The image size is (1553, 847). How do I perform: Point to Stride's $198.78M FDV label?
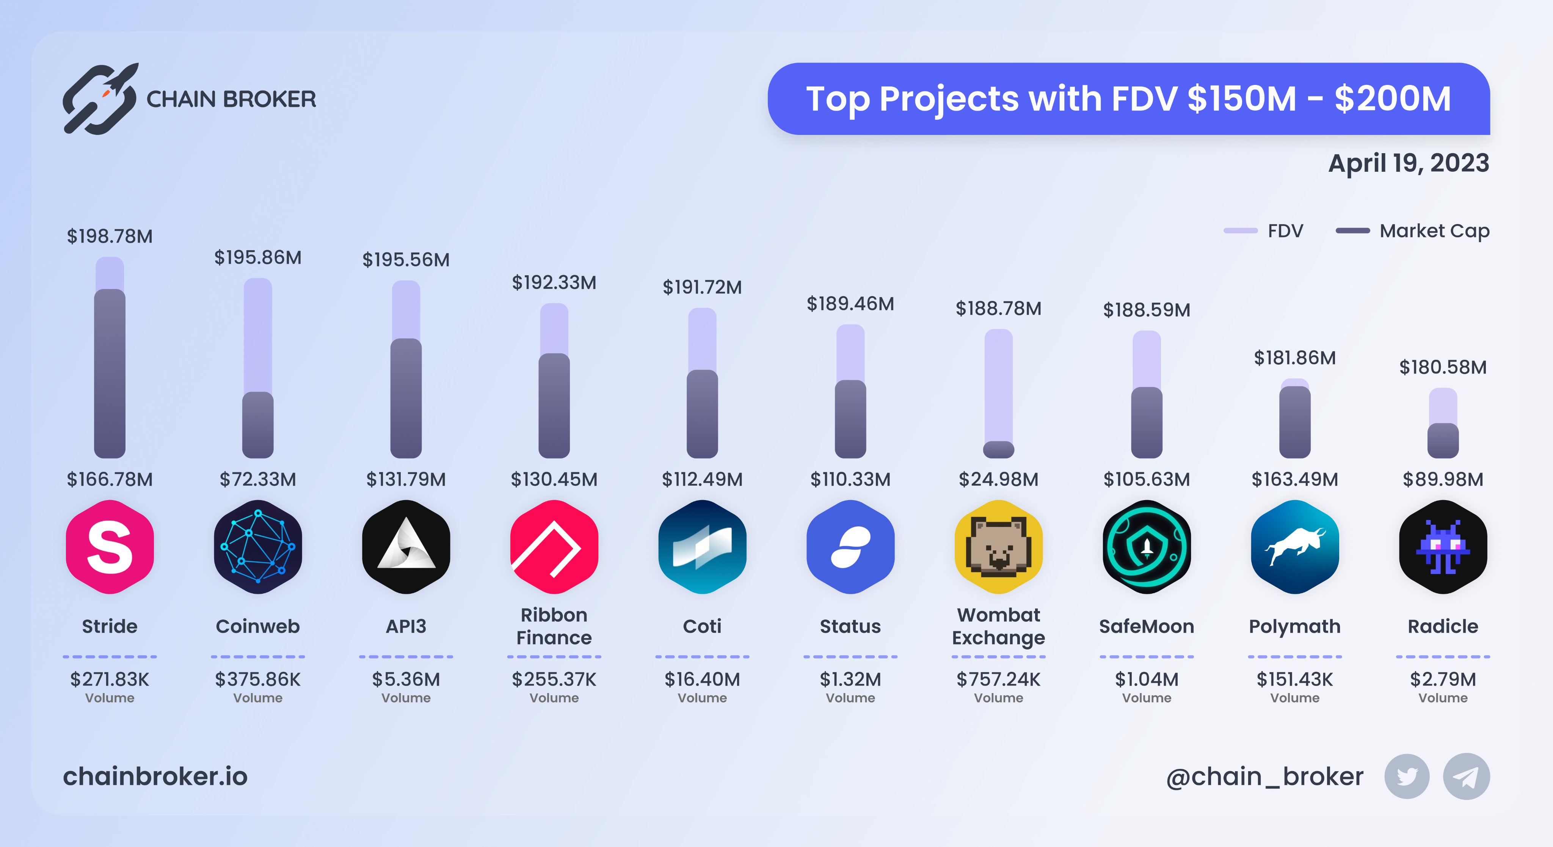[x=110, y=236]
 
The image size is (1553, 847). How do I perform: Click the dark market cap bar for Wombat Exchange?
[x=998, y=450]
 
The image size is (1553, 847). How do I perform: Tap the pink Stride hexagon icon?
[x=110, y=547]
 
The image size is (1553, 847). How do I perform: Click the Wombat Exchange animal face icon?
[x=998, y=547]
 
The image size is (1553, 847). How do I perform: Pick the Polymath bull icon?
[x=1294, y=547]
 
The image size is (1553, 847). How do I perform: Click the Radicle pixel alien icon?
[x=1443, y=547]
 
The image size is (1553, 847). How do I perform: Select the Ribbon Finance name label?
[x=554, y=626]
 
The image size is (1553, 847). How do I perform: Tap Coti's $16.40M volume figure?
[x=702, y=679]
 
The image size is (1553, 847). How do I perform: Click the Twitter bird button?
[x=1407, y=776]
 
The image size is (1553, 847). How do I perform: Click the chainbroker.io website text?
[x=155, y=776]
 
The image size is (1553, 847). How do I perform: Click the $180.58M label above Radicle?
[x=1443, y=367]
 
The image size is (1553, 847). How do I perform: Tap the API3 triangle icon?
[x=406, y=547]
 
